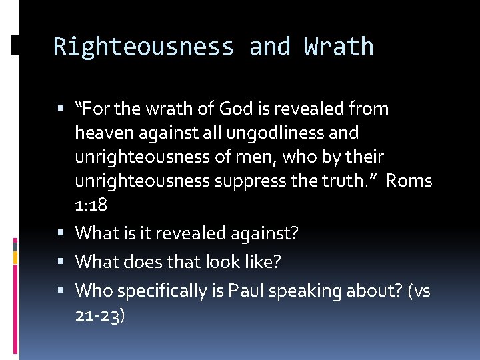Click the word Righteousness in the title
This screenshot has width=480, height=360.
tap(143, 47)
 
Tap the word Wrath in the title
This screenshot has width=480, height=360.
tap(339, 47)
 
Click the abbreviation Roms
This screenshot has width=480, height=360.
tap(409, 181)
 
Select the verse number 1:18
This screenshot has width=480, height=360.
tap(91, 205)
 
